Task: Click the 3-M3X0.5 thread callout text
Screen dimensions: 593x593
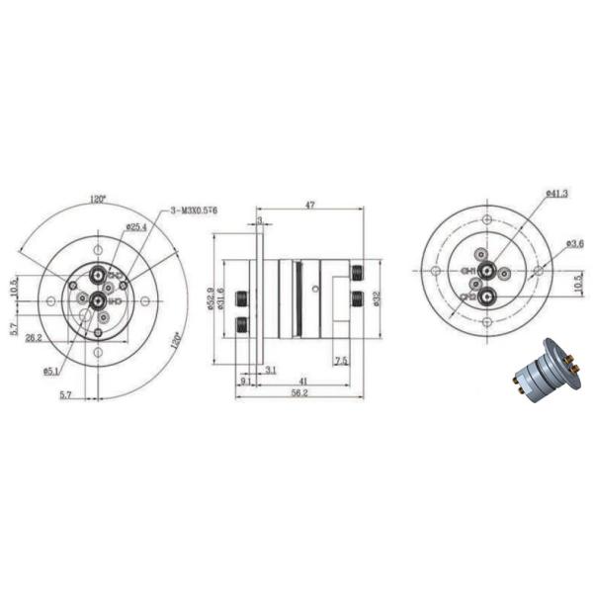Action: pyautogui.click(x=195, y=211)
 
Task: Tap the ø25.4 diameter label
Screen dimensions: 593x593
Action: pyautogui.click(x=136, y=227)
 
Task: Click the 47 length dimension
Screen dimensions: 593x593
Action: pyautogui.click(x=309, y=204)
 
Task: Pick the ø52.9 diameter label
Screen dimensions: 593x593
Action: pyautogui.click(x=211, y=297)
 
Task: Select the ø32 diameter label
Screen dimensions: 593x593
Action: pyautogui.click(x=381, y=297)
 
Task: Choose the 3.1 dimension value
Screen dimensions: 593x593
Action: pyautogui.click(x=271, y=370)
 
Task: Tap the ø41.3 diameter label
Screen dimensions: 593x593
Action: pyautogui.click(x=555, y=193)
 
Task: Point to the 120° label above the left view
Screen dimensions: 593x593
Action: pyautogui.click(x=98, y=199)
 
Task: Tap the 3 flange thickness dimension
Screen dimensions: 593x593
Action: pyautogui.click(x=258, y=221)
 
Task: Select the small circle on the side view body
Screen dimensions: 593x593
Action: pyautogui.click(x=314, y=288)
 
